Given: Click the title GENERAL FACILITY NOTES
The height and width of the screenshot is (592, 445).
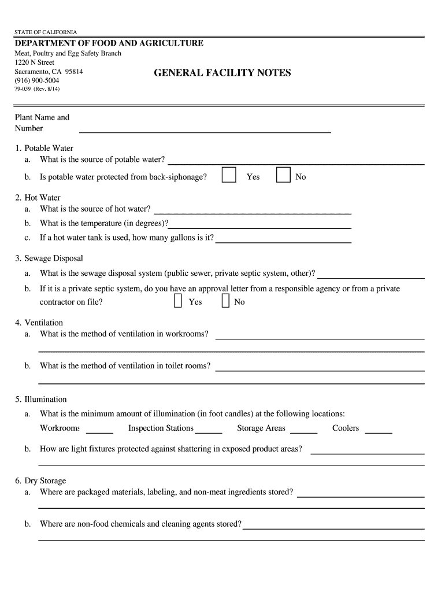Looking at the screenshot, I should (222, 73).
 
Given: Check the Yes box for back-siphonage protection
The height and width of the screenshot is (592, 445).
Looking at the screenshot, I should (229, 175).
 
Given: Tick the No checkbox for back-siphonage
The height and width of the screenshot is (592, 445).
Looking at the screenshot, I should (283, 175).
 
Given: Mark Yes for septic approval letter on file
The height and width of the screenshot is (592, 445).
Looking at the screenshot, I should (178, 301).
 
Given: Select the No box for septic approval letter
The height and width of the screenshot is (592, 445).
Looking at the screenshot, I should (226, 301).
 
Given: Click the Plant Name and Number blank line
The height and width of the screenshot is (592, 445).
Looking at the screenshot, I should (205, 128).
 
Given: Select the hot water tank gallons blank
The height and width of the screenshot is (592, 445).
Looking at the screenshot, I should (283, 239).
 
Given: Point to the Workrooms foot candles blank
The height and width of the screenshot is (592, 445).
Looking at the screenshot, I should (99, 430).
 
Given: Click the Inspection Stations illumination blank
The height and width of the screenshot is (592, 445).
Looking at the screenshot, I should (209, 430).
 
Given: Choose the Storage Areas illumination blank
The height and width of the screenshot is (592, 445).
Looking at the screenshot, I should (303, 430).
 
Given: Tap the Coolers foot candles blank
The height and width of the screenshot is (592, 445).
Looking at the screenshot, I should (379, 430).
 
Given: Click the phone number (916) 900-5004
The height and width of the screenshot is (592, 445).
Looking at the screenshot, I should (37, 80).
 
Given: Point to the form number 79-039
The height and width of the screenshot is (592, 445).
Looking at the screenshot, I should (24, 89).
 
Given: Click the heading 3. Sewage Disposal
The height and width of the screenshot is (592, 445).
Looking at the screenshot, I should (49, 258).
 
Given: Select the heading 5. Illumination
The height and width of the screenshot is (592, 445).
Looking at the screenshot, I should (41, 399).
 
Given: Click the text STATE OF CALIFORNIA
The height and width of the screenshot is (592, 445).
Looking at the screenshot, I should (46, 32).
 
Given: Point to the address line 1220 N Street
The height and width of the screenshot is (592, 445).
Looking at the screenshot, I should (35, 62).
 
